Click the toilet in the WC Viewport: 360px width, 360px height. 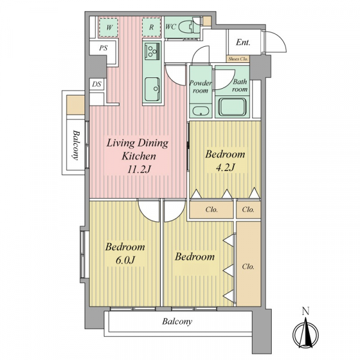point(189,27)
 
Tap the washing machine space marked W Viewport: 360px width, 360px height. point(109,28)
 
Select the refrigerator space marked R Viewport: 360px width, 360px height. point(151,27)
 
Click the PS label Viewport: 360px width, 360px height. point(104,48)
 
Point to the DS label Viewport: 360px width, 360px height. point(97,84)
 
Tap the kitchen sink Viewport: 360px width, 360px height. point(152,89)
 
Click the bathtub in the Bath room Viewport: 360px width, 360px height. point(232,107)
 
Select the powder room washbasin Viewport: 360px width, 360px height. point(200,112)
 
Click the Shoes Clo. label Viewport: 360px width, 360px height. point(238,59)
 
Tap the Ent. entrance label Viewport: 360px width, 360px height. point(243,42)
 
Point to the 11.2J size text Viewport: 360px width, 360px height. point(139,170)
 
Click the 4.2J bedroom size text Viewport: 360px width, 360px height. point(225,167)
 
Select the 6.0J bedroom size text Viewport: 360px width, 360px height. point(125,260)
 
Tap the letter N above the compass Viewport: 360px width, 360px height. point(305,311)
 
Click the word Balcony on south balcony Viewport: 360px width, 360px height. point(177,322)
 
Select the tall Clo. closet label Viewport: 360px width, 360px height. point(248,266)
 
